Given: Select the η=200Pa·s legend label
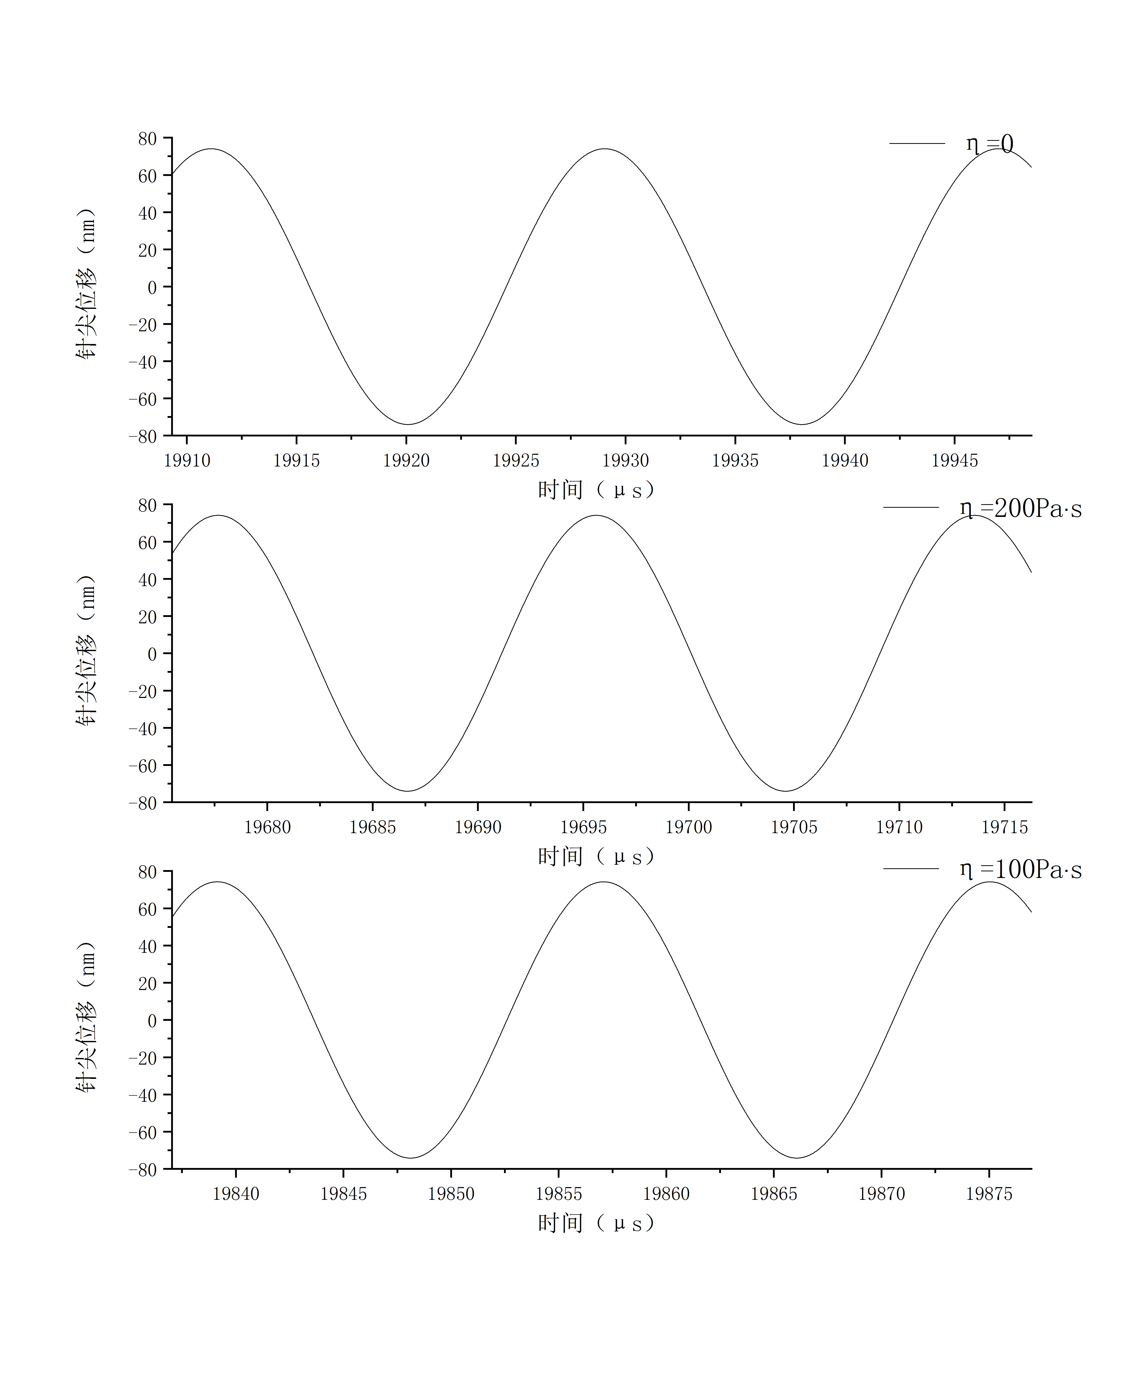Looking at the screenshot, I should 1020,508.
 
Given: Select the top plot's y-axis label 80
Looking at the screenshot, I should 147,139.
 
